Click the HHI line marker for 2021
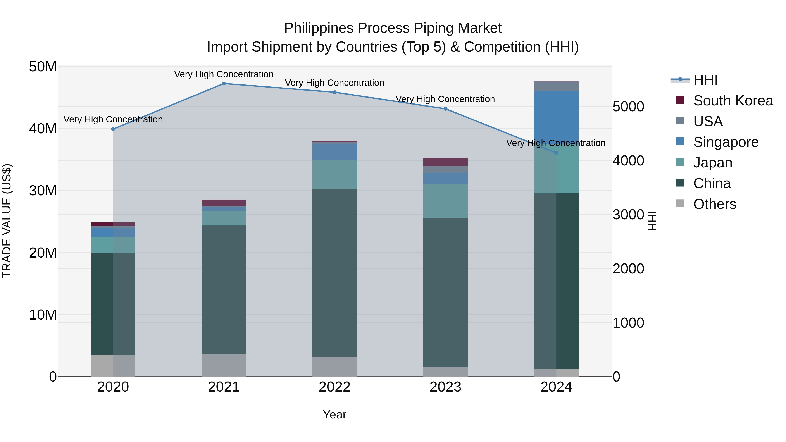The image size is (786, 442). [x=224, y=84]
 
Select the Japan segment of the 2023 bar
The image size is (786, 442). [x=445, y=201]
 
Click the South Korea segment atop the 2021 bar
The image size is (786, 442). [x=224, y=203]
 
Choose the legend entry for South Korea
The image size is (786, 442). [x=733, y=101]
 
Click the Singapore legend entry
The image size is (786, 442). [x=726, y=142]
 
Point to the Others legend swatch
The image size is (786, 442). [x=680, y=203]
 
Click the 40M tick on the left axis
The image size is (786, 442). [x=43, y=128]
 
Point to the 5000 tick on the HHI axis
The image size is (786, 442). [x=628, y=107]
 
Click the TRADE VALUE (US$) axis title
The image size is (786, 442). [x=7, y=221]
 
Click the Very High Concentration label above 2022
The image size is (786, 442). [x=334, y=83]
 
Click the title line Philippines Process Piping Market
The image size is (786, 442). [x=393, y=28]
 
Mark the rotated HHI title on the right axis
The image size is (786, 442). [x=652, y=221]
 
